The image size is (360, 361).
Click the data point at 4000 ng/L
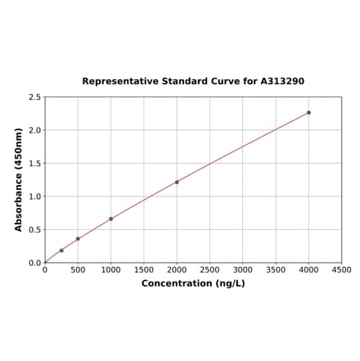pyautogui.click(x=308, y=112)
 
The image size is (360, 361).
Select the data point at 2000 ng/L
pyautogui.click(x=177, y=182)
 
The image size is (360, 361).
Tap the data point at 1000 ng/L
pyautogui.click(x=110, y=219)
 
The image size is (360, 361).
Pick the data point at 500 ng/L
pyautogui.click(x=78, y=239)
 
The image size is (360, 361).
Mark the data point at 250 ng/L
pyautogui.click(x=61, y=250)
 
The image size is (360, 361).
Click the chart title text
pyautogui.click(x=193, y=82)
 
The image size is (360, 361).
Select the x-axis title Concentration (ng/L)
pyautogui.click(x=193, y=283)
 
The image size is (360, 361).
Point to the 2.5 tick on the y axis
pyautogui.click(x=35, y=97)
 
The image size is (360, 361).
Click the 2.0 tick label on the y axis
pyautogui.click(x=35, y=130)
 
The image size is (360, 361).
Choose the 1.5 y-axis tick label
pyautogui.click(x=35, y=164)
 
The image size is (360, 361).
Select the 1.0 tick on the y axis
pyautogui.click(x=35, y=196)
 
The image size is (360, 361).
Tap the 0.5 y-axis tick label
pyautogui.click(x=35, y=230)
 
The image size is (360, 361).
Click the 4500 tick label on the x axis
pyautogui.click(x=341, y=269)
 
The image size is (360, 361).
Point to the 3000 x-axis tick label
pyautogui.click(x=242, y=269)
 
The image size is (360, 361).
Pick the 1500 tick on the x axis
pyautogui.click(x=143, y=269)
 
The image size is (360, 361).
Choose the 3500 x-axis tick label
pyautogui.click(x=276, y=269)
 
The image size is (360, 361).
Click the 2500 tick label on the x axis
pyautogui.click(x=209, y=269)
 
